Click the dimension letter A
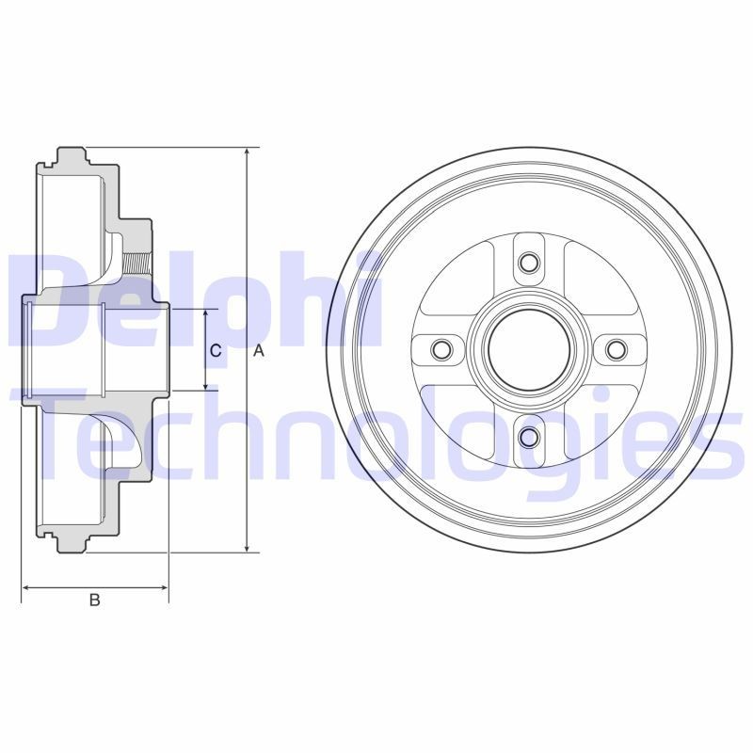tap(259, 351)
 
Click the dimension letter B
tap(95, 600)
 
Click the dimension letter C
tap(216, 351)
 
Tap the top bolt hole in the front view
tap(529, 263)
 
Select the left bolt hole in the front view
tap(441, 349)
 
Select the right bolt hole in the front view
tap(617, 349)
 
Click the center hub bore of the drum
tap(529, 349)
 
